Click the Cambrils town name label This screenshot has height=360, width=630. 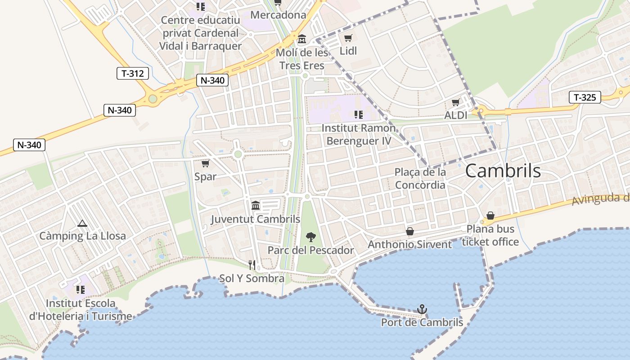pos(503,171)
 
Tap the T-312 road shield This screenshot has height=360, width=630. pos(133,73)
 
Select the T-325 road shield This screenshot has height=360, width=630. pos(585,97)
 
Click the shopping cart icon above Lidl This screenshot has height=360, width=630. pos(348,38)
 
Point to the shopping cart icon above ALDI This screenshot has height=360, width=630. pos(455,103)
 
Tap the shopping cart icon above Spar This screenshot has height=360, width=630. pos(205,163)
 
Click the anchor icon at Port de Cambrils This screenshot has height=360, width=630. pos(422,309)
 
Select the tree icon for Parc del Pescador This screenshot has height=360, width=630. pos(310,237)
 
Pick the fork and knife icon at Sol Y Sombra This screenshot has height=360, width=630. pos(252,265)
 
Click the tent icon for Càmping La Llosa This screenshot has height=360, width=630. pos(82,223)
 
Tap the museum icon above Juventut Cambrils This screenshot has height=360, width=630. pos(256,206)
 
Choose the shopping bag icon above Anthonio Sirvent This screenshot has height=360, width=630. pos(410,231)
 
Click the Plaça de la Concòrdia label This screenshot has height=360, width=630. pos(420,179)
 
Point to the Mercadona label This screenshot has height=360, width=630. pos(278,15)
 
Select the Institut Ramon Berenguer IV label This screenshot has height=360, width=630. pos(359,135)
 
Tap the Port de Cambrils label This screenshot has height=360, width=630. pos(422,323)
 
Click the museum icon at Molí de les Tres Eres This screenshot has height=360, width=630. pos(301,39)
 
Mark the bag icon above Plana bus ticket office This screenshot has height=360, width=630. pos(490,216)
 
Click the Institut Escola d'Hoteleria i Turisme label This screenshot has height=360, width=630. pos(81,310)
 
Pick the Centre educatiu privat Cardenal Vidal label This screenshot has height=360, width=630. pos(200,33)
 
